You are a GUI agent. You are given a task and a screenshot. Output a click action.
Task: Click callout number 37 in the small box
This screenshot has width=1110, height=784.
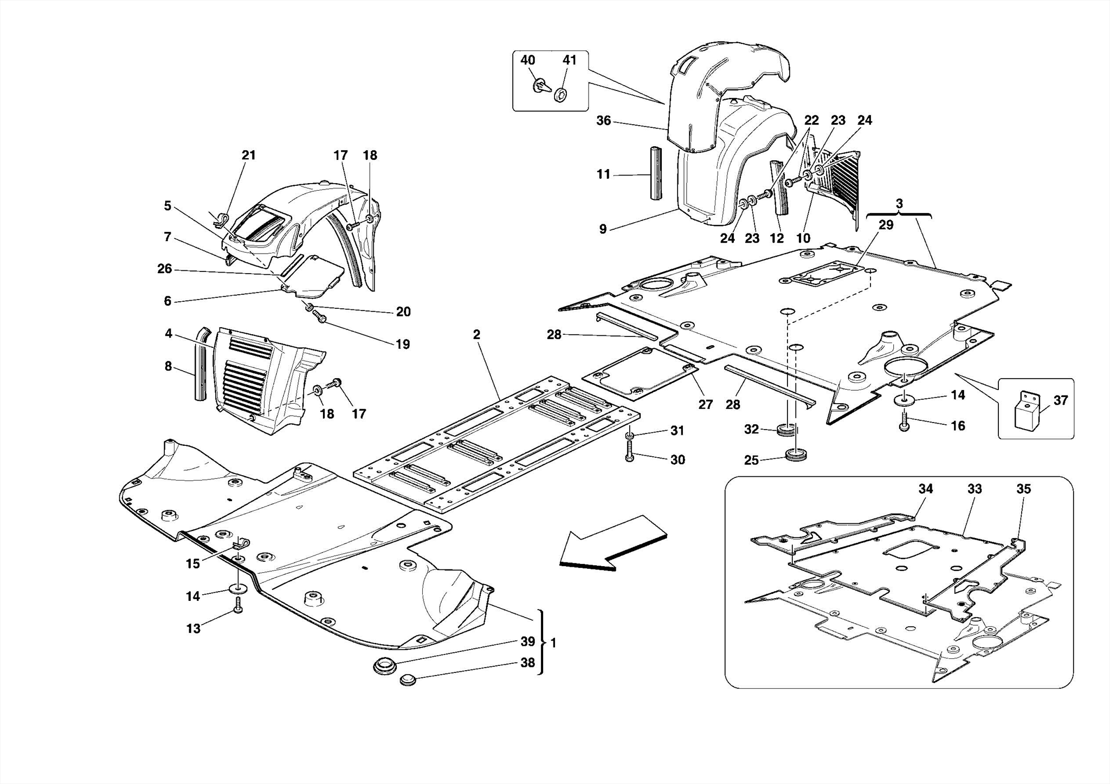click(x=1060, y=400)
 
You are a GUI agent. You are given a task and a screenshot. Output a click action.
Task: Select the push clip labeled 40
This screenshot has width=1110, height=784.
click(x=541, y=86)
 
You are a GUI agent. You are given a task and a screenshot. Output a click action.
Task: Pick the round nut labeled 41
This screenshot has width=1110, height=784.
click(x=562, y=95)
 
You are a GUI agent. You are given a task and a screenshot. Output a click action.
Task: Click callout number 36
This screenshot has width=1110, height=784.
click(x=603, y=120)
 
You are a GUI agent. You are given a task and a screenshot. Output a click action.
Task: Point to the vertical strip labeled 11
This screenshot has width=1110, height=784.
click(x=656, y=172)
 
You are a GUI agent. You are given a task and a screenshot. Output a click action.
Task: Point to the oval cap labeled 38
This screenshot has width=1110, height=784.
click(x=407, y=679)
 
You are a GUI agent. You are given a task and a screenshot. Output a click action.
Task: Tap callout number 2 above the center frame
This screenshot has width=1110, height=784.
click(x=476, y=334)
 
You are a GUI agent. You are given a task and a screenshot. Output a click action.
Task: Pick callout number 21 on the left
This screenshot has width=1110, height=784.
click(x=248, y=155)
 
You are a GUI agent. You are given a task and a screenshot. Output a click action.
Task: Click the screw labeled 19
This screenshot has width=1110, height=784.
click(x=319, y=318)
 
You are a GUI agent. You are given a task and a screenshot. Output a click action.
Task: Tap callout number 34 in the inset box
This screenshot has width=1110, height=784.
click(x=925, y=489)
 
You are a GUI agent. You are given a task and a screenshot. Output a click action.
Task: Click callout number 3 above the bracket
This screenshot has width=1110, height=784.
click(x=899, y=204)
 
